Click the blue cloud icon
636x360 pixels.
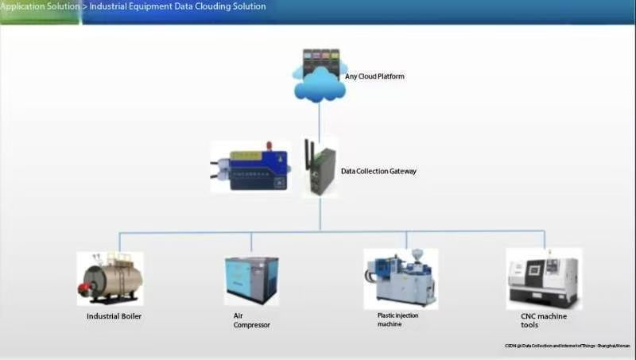coord(319,83)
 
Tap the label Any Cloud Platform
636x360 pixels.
coord(375,76)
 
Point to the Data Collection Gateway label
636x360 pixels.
coord(378,171)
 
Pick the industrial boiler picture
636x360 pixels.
coord(110,279)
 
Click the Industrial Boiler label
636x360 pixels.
coord(114,316)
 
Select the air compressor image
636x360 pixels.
coord(251,281)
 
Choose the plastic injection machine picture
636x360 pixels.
coord(401,279)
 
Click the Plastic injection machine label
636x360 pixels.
coord(397,319)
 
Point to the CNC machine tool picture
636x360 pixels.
coord(544,279)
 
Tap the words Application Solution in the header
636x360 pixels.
coord(39,6)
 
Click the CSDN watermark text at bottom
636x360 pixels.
coord(567,346)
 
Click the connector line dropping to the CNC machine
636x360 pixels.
coord(545,239)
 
